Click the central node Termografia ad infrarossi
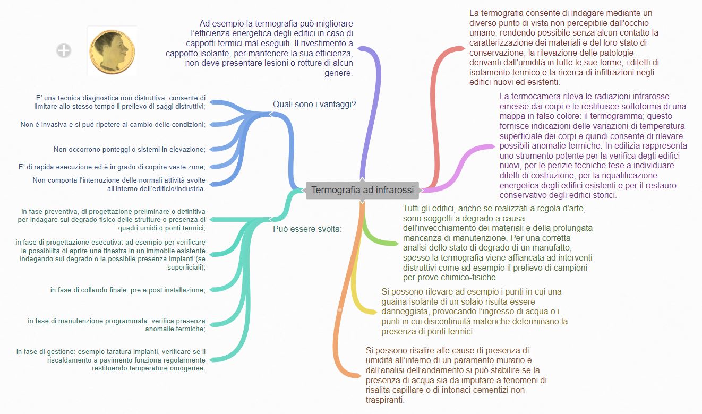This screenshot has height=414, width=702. pyautogui.click(x=362, y=190)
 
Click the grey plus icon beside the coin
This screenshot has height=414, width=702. pyautogui.click(x=64, y=50)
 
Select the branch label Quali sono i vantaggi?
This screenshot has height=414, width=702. pyautogui.click(x=314, y=104)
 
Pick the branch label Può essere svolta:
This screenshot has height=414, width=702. pyautogui.click(x=307, y=229)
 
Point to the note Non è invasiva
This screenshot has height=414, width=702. pyautogui.click(x=113, y=124)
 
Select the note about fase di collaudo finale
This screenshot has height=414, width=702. pyautogui.click(x=127, y=290)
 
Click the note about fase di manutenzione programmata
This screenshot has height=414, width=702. pyautogui.click(x=116, y=325)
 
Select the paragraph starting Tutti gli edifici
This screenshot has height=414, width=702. pyautogui.click(x=498, y=243)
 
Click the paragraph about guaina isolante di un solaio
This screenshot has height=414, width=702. pyautogui.click(x=474, y=312)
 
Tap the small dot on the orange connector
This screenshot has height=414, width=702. pyautogui.click(x=340, y=309)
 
